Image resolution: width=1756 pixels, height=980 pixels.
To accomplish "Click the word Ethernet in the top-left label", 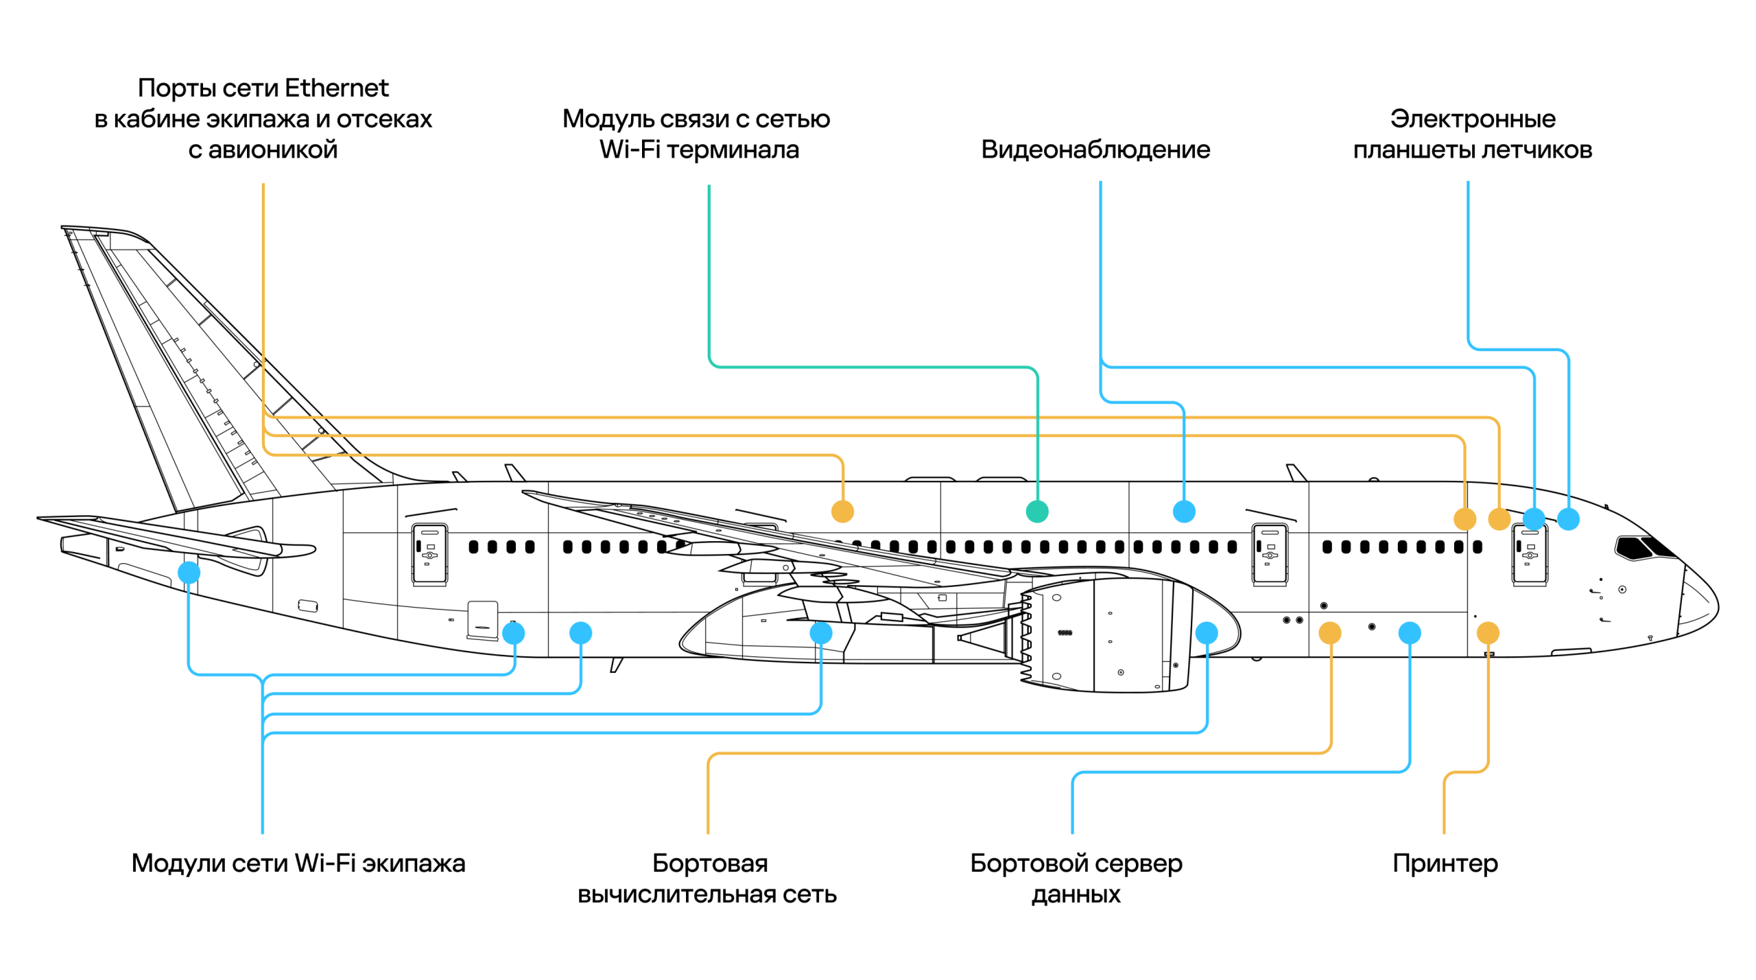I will click(x=336, y=88).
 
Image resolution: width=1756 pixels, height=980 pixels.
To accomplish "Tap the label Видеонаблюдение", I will click(x=1095, y=150).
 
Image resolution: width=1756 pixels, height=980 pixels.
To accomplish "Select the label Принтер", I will click(x=1445, y=863).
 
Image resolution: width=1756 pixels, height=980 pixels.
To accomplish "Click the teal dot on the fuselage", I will click(x=1036, y=512).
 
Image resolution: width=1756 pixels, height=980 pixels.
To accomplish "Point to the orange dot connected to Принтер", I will click(x=1487, y=632).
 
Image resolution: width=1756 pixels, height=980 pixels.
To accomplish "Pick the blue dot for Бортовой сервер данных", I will click(x=1409, y=632).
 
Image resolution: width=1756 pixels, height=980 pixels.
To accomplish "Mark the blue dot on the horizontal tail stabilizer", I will click(x=189, y=572).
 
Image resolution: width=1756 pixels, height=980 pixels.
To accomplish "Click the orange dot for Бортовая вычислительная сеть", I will click(x=1329, y=632).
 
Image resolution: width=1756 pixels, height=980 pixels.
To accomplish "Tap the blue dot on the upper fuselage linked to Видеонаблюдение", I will click(x=1183, y=512).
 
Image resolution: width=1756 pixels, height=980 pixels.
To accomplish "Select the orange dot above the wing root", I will click(x=842, y=512).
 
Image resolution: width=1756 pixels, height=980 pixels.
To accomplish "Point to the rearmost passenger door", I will click(x=429, y=554).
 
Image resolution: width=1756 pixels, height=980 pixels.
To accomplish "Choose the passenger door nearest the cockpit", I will click(x=1529, y=554).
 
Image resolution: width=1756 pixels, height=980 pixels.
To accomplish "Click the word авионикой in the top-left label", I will click(x=272, y=150).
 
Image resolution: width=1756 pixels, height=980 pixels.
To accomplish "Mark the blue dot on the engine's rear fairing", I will click(x=1206, y=632).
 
